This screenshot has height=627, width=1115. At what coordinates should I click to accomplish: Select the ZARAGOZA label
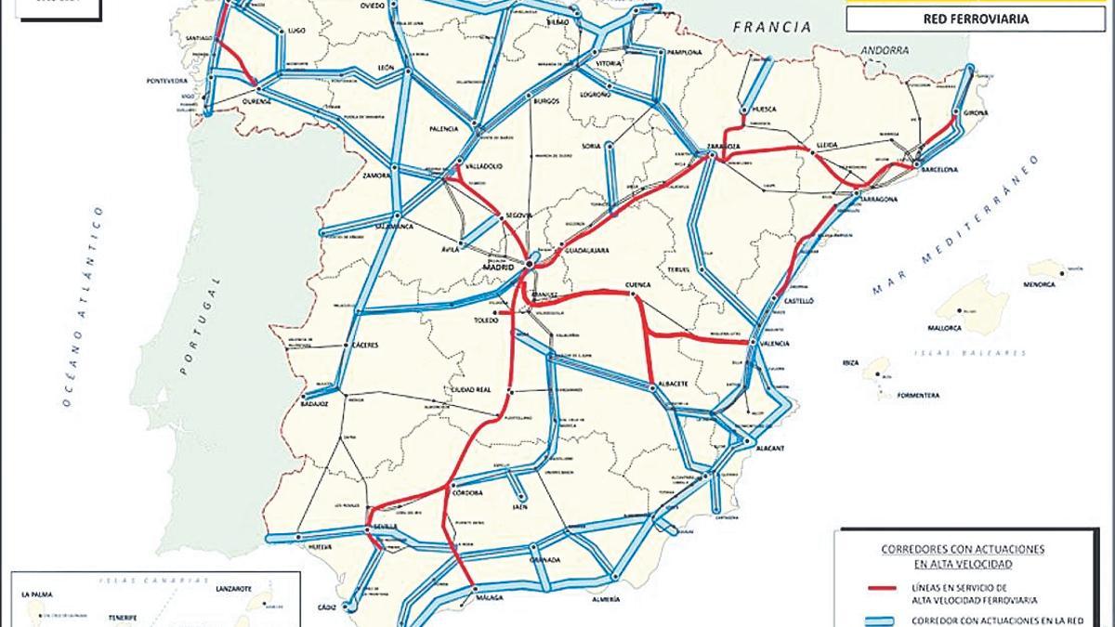click(x=722, y=147)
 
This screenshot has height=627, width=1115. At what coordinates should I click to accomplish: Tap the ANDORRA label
click(x=884, y=51)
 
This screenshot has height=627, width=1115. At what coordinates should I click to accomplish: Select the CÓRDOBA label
click(x=467, y=493)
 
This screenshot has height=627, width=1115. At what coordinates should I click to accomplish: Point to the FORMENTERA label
click(x=918, y=396)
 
